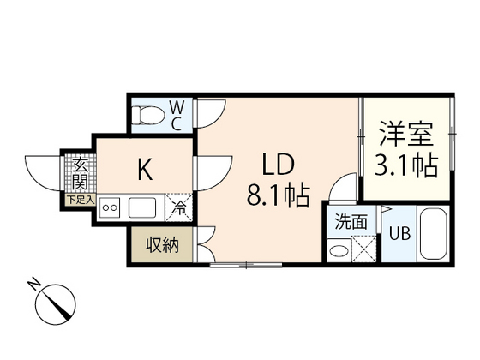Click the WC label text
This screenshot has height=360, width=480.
point(175,115)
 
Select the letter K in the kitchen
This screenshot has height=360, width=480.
point(146,170)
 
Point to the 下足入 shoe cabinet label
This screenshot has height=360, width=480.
point(78,199)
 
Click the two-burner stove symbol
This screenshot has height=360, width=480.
point(110,207)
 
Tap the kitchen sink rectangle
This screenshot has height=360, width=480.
point(141,207)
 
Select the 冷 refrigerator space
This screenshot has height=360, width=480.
point(178,206)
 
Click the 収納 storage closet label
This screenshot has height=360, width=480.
point(160,245)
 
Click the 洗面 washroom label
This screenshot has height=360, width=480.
point(351,221)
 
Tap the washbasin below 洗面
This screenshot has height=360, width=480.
point(340,250)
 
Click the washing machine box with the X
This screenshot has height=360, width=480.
point(364,249)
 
